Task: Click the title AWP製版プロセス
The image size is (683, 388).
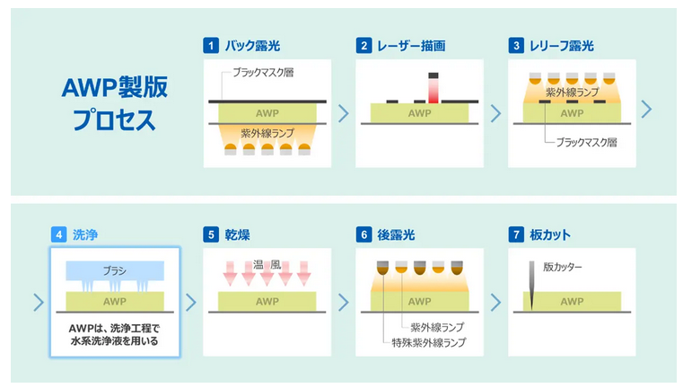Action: click(x=114, y=102)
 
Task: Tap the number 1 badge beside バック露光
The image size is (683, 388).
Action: click(x=211, y=46)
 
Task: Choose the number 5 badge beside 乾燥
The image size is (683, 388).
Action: click(x=211, y=236)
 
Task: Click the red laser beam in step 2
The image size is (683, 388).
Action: click(x=433, y=92)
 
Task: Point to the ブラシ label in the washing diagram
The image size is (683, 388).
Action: click(x=114, y=270)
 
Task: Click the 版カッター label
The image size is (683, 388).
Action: click(x=563, y=267)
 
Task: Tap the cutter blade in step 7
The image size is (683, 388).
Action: click(x=532, y=287)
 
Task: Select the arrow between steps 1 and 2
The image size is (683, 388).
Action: click(x=343, y=113)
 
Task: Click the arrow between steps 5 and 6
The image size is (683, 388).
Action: click(x=343, y=302)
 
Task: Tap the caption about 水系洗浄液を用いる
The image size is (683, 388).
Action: click(x=114, y=335)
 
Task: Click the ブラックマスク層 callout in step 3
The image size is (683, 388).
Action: click(x=586, y=142)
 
